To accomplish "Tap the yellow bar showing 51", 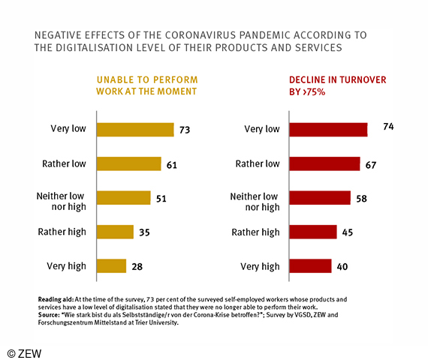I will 124,197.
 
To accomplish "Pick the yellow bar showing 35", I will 115,232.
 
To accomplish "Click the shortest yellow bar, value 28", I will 111,265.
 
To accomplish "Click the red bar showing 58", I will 321,197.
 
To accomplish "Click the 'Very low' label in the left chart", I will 70,130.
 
